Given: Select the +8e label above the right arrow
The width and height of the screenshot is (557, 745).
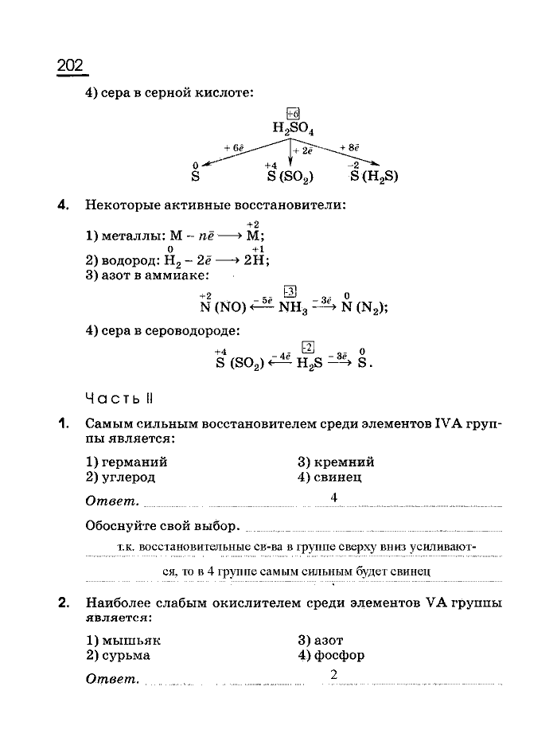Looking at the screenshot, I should click(349, 147).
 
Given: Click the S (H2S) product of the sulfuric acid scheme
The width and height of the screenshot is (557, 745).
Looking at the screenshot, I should click(372, 177).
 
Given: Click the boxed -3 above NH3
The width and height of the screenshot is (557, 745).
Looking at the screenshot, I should click(290, 292).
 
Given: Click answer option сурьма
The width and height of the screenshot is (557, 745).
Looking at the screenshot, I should click(125, 656).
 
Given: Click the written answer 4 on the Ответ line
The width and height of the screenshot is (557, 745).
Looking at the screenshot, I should click(334, 497).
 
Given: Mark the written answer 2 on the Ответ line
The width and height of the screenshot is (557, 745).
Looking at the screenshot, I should click(334, 676).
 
